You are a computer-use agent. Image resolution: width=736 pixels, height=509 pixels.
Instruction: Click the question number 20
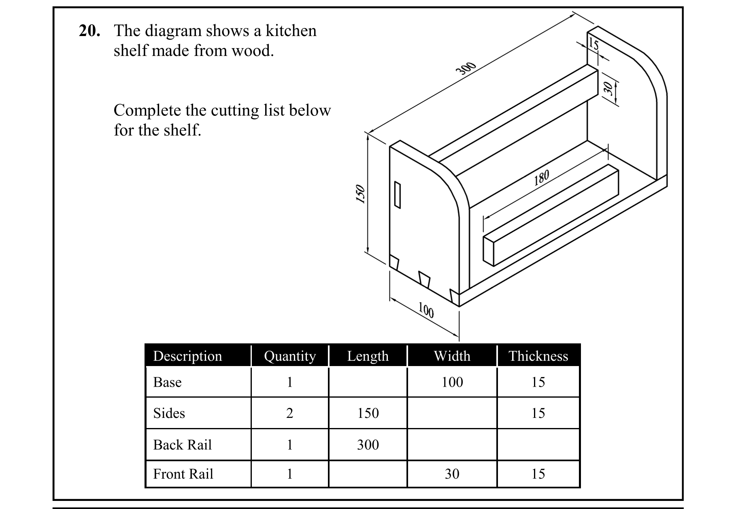[89, 31]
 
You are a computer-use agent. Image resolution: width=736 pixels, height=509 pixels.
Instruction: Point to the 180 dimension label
[541, 177]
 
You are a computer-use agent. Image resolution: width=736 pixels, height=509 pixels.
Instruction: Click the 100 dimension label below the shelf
[426, 310]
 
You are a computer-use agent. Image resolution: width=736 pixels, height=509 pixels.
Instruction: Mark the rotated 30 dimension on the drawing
[608, 88]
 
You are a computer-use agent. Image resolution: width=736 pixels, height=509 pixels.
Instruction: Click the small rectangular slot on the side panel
[398, 195]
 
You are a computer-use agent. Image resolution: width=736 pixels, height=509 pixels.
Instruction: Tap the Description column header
[187, 356]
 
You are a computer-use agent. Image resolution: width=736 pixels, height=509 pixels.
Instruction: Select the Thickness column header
[538, 356]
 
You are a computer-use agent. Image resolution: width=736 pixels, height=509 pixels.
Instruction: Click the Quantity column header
[289, 356]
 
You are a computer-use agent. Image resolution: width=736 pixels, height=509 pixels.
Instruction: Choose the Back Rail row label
[182, 445]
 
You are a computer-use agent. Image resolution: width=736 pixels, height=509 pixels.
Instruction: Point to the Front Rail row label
[183, 474]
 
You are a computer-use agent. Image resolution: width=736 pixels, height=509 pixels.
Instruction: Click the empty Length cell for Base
[368, 382]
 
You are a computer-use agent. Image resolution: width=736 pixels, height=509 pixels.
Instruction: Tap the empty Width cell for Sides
[452, 413]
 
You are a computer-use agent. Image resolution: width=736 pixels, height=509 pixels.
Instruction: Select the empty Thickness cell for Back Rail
[538, 445]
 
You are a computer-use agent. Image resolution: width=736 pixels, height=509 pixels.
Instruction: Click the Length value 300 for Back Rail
[368, 445]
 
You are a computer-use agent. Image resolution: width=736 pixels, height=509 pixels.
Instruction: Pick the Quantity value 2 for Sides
[289, 413]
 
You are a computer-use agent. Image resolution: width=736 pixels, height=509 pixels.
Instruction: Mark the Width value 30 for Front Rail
[452, 474]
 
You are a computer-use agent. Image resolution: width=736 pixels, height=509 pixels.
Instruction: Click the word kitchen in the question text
[291, 31]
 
